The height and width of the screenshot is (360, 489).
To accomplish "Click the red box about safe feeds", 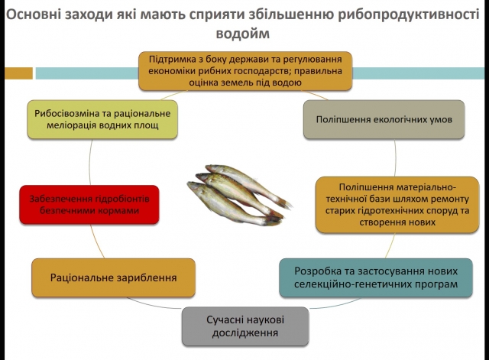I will click(x=89, y=204).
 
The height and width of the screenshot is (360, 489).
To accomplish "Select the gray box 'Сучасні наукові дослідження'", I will click(x=244, y=326).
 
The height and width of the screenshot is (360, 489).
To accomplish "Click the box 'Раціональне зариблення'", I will click(x=113, y=277).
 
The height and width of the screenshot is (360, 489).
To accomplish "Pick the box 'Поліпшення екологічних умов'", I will click(x=384, y=120).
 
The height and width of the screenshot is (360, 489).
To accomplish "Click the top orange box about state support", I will click(x=244, y=70).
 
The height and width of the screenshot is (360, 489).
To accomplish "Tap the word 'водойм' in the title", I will click(x=244, y=34).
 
